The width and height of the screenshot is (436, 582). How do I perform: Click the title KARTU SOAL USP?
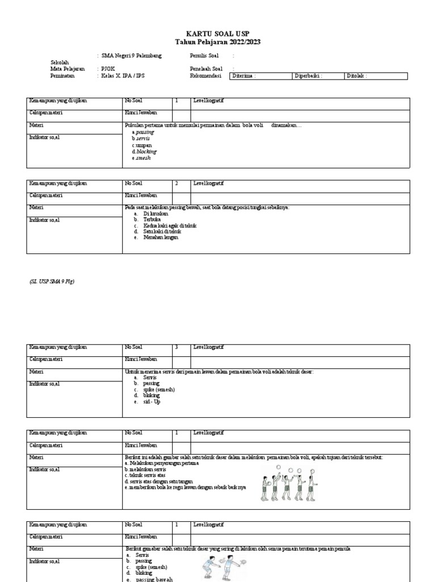218,34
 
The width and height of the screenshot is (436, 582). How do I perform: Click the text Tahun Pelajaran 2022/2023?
218,43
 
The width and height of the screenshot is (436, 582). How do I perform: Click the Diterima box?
260,76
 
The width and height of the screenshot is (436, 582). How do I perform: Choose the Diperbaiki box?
318,76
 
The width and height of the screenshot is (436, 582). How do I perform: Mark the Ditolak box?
375,76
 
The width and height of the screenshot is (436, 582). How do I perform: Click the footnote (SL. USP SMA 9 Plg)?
52,281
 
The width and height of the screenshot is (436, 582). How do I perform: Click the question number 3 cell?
181,347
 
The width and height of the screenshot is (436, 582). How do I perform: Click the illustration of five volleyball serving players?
287,484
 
